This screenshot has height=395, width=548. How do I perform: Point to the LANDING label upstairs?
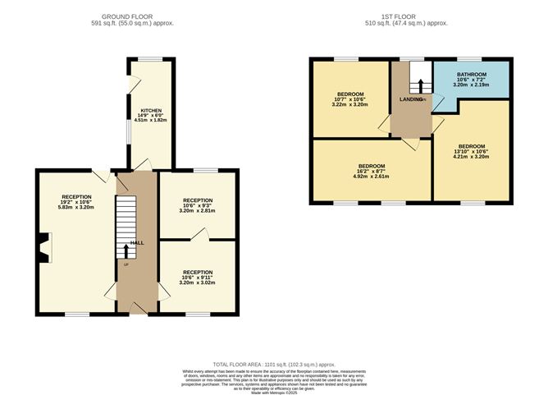[x=410, y=99]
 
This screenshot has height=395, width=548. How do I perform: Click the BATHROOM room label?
[x=472, y=73]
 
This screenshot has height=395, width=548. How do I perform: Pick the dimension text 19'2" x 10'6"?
[x=76, y=202]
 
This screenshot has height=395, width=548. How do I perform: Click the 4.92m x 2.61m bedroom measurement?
[x=370, y=176]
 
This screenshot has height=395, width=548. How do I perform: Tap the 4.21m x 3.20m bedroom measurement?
[x=472, y=156]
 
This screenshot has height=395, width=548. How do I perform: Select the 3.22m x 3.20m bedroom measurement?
[x=349, y=104]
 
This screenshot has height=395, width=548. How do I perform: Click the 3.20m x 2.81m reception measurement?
[x=198, y=211]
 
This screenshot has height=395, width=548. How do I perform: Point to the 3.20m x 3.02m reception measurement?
[x=198, y=282]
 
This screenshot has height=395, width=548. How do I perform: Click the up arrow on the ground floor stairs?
[x=126, y=250]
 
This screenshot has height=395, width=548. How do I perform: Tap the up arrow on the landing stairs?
[x=420, y=86]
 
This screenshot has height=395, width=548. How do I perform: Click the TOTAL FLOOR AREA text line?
[x=274, y=363]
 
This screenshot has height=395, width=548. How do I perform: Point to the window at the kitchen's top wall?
[x=149, y=58]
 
